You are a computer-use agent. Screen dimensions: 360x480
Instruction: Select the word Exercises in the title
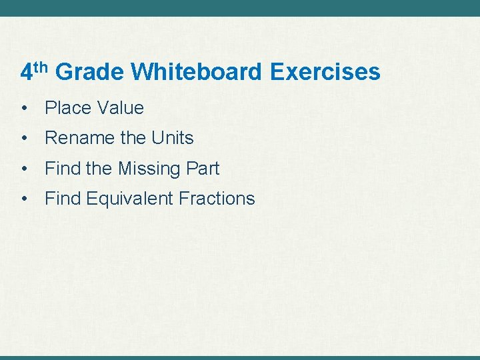point(325,72)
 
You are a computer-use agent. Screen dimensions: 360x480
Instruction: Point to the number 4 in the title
point(26,73)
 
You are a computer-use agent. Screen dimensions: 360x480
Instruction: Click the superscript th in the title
point(41,67)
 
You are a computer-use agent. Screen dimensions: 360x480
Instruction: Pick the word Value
point(120,108)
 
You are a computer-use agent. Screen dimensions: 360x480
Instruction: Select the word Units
point(172,138)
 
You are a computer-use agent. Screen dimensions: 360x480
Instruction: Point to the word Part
point(203,169)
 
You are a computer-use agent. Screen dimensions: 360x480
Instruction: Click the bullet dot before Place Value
point(23,108)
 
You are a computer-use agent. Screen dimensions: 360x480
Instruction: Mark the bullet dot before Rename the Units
point(23,138)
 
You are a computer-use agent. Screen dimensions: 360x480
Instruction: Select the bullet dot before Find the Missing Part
point(23,169)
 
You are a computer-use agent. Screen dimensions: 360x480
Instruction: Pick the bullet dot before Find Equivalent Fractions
point(23,198)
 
